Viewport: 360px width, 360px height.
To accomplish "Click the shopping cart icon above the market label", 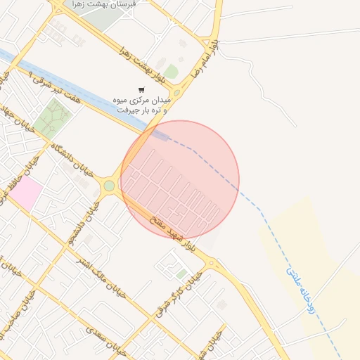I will [141, 90].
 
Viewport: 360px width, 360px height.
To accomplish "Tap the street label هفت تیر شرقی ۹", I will [63, 87].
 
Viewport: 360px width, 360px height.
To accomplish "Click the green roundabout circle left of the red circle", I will [109, 186].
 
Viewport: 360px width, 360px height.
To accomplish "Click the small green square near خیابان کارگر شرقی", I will [181, 273].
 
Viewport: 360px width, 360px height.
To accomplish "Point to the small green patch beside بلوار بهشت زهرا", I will [171, 72].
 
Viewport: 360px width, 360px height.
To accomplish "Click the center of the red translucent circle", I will [180, 179].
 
